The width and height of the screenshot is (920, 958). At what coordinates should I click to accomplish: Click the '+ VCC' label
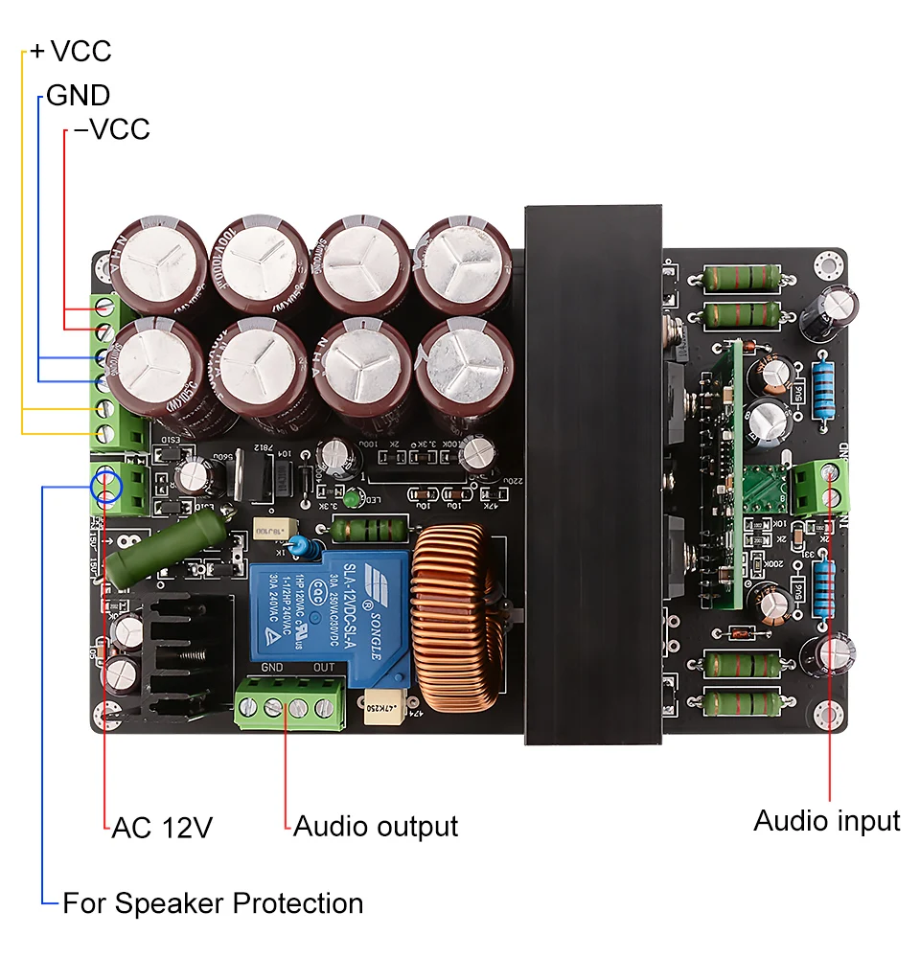point(71,51)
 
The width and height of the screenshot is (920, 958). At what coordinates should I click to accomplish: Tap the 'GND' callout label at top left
point(78,95)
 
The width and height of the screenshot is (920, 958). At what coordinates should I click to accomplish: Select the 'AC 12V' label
point(162,827)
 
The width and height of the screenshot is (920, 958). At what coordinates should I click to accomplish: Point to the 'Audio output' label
point(375,826)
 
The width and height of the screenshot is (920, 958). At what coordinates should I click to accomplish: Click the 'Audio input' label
point(826,821)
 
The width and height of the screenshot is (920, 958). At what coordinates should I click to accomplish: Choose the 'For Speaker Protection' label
point(213,903)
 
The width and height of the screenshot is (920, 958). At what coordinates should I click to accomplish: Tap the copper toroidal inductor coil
point(456,623)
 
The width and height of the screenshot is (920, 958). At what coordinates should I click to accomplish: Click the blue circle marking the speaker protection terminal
point(106,486)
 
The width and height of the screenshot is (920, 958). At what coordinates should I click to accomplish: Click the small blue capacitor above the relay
point(302,546)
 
